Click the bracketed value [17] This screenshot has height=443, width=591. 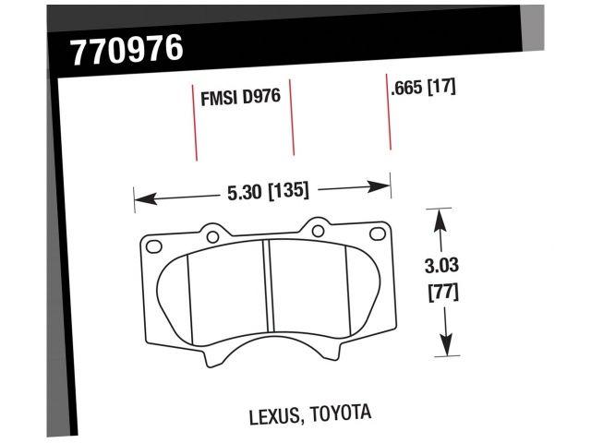coord(442,90)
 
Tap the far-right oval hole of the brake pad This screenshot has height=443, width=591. coord(377,233)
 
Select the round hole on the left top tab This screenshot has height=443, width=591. coord(212,237)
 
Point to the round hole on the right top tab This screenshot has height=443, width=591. coord(318,224)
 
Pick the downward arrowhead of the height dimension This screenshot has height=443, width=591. coord(447,349)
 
